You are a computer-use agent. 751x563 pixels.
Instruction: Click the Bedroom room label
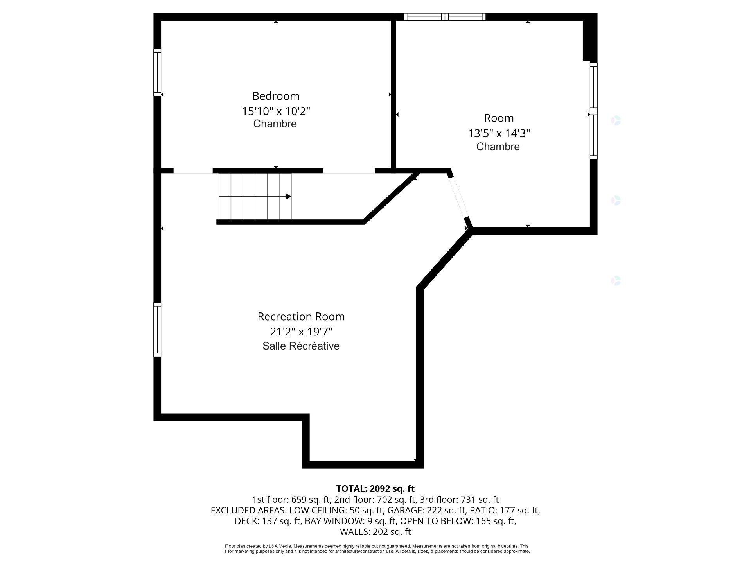pyautogui.click(x=276, y=96)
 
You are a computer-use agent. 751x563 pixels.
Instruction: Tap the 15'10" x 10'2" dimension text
pyautogui.click(x=276, y=111)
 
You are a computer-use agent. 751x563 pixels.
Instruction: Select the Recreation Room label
pyautogui.click(x=301, y=316)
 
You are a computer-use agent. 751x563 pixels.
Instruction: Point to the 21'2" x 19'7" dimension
pyautogui.click(x=301, y=332)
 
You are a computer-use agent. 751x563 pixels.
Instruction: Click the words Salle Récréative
pyautogui.click(x=301, y=346)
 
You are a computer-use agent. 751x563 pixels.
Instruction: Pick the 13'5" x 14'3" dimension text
pyautogui.click(x=499, y=133)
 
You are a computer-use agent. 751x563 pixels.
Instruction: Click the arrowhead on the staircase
pyautogui.click(x=289, y=196)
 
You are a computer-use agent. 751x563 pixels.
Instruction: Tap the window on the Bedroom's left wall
pyautogui.click(x=157, y=72)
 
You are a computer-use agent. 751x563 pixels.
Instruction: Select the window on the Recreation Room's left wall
pyautogui.click(x=157, y=330)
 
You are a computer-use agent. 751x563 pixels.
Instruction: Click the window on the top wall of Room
pyautogui.click(x=445, y=17)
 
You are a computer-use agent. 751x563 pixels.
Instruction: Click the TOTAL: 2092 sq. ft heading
pyautogui.click(x=375, y=488)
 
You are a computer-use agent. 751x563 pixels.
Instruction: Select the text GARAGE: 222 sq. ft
pyautogui.click(x=425, y=510)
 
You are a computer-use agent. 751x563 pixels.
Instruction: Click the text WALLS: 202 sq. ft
pyautogui.click(x=375, y=532)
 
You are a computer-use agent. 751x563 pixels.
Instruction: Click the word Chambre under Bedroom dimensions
pyautogui.click(x=275, y=124)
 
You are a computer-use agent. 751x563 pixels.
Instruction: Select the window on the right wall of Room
pyautogui.click(x=594, y=111)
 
